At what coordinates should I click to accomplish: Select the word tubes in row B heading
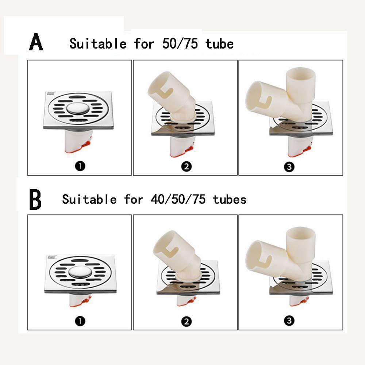point(230,199)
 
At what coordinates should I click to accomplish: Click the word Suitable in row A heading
point(98,44)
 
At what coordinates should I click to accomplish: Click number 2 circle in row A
point(186,167)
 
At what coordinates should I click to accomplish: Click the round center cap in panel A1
point(78,109)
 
